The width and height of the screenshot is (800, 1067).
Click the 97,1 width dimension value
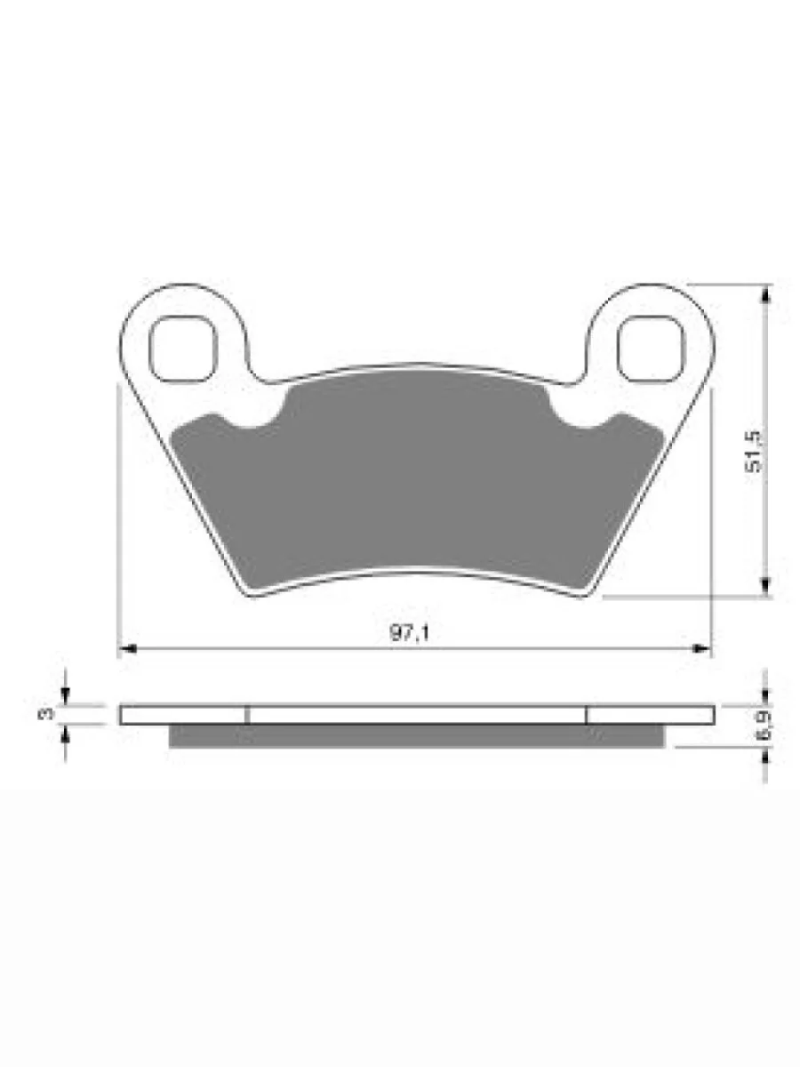(x=410, y=633)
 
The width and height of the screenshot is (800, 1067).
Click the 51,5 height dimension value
(x=754, y=452)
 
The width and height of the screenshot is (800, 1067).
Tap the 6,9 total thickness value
(x=763, y=726)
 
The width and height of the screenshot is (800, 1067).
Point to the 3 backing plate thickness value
(x=46, y=714)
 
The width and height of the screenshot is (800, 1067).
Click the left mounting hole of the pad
(x=182, y=349)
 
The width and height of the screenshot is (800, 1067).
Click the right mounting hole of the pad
(x=651, y=349)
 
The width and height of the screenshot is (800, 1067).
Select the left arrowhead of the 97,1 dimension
(x=127, y=648)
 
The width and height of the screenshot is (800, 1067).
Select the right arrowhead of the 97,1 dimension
(x=701, y=648)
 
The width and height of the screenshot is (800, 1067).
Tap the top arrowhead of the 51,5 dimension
(x=766, y=293)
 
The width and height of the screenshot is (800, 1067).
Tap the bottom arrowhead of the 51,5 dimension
(x=766, y=587)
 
